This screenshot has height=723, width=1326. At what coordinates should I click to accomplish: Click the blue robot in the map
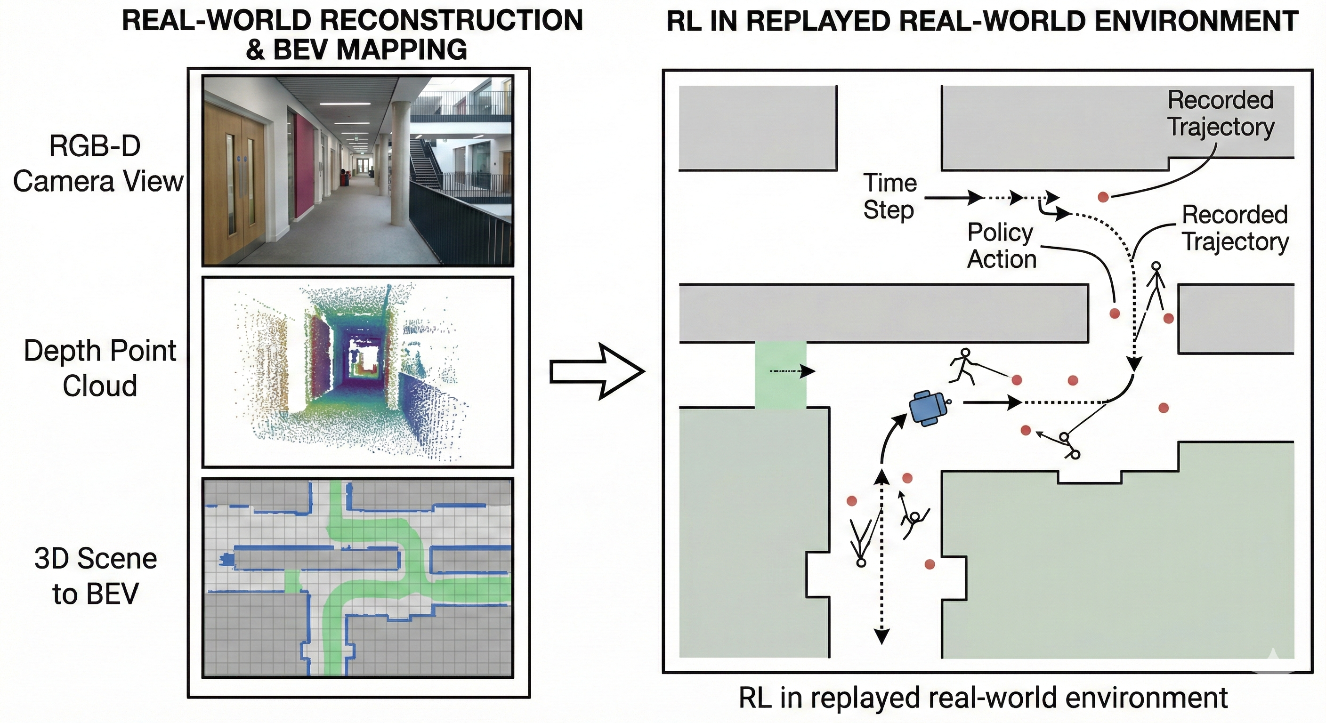pyautogui.click(x=928, y=408)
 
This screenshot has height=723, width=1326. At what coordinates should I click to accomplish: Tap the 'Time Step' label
pyautogui.click(x=889, y=197)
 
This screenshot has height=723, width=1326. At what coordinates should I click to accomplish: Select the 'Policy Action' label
pyautogui.click(x=1001, y=246)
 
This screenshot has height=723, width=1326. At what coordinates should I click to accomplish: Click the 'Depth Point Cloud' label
pyautogui.click(x=100, y=368)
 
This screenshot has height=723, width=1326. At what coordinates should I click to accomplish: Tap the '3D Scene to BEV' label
pyautogui.click(x=96, y=576)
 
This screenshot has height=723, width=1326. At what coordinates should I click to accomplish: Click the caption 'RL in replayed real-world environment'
pyautogui.click(x=983, y=698)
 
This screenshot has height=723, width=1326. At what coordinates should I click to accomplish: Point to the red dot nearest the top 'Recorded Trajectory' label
pyautogui.click(x=1103, y=197)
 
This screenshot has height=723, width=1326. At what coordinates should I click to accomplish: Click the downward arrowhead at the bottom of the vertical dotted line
pyautogui.click(x=882, y=636)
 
